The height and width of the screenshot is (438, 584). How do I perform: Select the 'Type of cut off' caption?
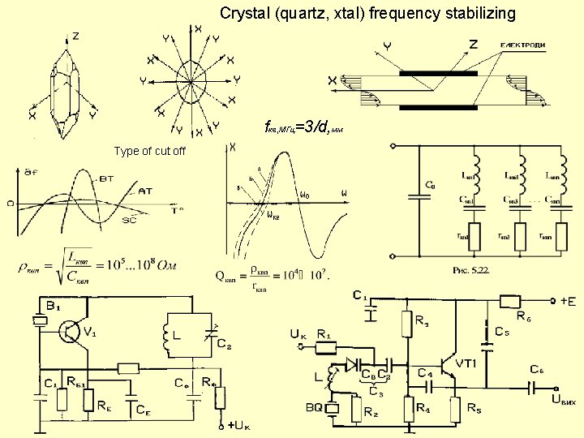click(x=150, y=151)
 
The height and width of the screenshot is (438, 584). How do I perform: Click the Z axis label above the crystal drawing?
click(x=75, y=36)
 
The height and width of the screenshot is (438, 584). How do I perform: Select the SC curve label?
click(x=129, y=220)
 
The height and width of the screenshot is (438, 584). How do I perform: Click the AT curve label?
click(x=145, y=191)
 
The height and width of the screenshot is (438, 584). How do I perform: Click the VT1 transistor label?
click(x=466, y=362)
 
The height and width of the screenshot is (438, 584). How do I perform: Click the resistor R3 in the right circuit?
click(x=406, y=324)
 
